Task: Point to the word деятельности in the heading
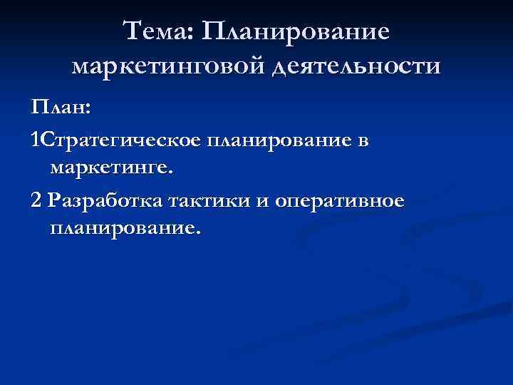[x=355, y=67]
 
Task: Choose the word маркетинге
[x=109, y=169]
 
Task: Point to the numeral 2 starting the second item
[x=36, y=201]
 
